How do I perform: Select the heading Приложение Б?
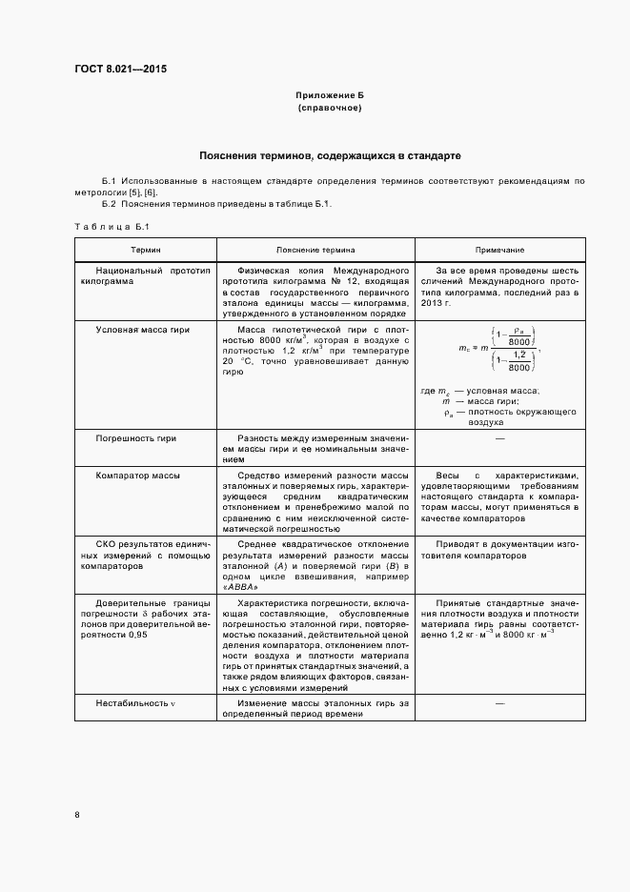(x=329, y=96)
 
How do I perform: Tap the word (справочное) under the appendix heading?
(x=329, y=109)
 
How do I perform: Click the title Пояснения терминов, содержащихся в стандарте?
(x=330, y=154)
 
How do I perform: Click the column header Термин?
(x=146, y=250)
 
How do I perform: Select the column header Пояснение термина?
(x=315, y=250)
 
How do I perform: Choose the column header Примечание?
(x=499, y=250)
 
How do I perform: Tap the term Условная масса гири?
(x=143, y=330)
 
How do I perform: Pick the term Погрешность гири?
(x=136, y=438)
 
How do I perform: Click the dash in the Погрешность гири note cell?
(x=499, y=438)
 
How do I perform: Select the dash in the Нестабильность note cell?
(x=499, y=703)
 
